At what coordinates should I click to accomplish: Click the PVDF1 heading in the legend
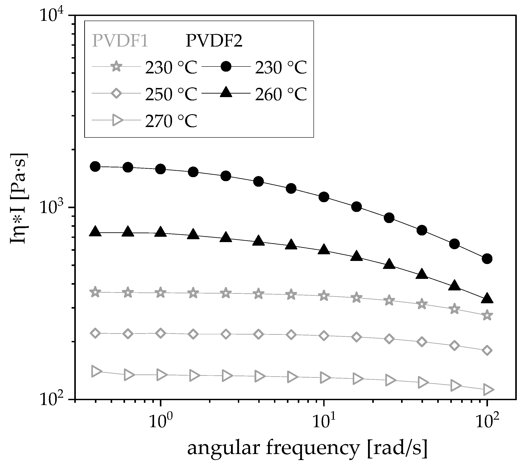point(120,41)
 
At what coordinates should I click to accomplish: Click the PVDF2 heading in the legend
point(214,41)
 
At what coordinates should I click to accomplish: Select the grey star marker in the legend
point(116,67)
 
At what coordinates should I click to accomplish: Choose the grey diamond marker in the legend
point(116,94)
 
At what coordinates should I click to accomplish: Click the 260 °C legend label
point(281,94)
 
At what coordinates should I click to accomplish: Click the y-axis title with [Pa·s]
point(18,199)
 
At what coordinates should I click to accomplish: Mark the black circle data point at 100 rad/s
point(487,258)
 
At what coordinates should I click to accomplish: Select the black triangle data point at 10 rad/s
point(324,249)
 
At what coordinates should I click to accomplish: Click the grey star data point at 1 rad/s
point(161,293)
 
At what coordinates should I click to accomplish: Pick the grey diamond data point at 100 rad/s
point(487,350)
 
